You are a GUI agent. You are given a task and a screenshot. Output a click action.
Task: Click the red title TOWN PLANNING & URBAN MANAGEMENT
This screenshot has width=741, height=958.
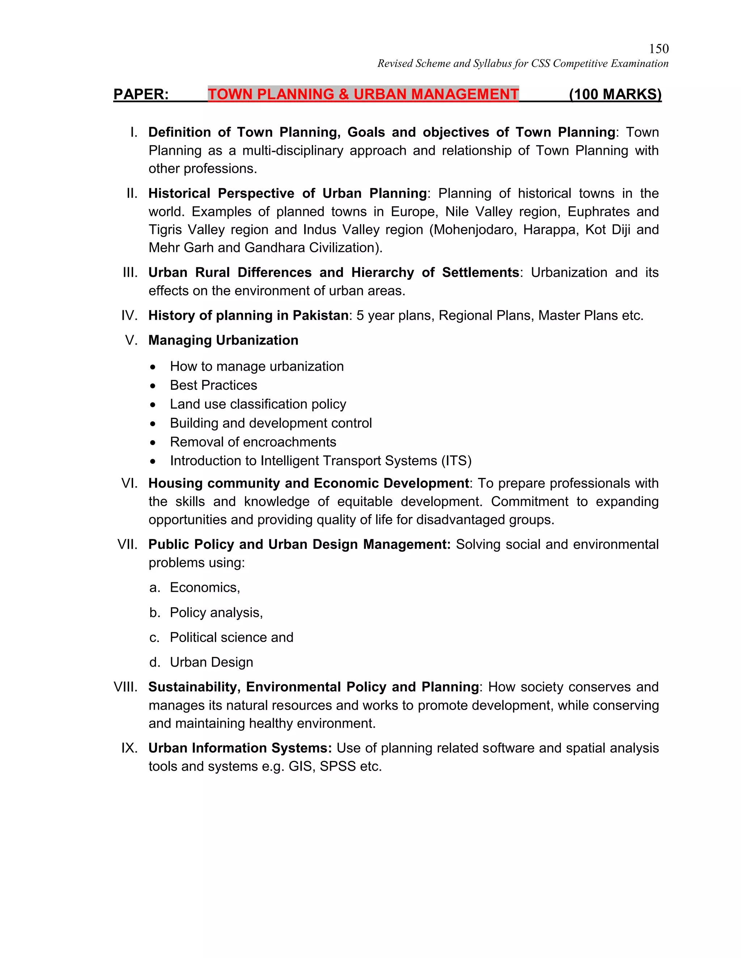click(363, 94)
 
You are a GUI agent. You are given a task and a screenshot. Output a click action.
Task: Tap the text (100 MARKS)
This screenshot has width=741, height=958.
click(615, 94)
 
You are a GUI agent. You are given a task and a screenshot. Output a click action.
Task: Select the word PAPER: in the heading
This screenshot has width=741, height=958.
click(141, 94)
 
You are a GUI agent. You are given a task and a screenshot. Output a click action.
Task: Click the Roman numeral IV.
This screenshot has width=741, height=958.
click(130, 315)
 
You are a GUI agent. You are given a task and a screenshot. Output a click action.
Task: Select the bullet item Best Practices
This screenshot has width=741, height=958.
click(213, 385)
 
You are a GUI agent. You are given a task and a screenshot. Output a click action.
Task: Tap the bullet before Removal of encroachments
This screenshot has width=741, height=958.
click(152, 442)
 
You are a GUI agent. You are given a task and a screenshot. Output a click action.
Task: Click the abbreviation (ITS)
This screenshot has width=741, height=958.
click(457, 461)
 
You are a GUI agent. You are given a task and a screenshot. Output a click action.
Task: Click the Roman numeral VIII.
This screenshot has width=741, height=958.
click(126, 687)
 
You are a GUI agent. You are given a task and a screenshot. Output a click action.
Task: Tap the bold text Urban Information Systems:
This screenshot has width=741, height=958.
click(240, 748)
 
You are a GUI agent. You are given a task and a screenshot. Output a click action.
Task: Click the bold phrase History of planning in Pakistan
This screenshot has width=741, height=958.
click(248, 315)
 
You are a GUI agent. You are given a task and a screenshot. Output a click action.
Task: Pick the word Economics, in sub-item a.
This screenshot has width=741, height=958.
click(204, 588)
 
